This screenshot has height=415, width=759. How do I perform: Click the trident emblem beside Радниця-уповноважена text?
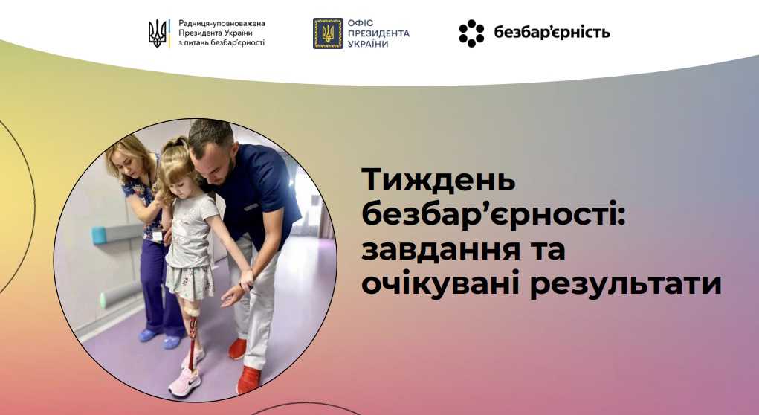pyautogui.click(x=158, y=33)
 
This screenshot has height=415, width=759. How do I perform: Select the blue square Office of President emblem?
pyautogui.click(x=328, y=33)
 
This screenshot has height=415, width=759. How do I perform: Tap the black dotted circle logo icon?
pyautogui.click(x=471, y=33)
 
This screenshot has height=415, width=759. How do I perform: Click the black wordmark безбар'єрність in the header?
pyautogui.click(x=552, y=33)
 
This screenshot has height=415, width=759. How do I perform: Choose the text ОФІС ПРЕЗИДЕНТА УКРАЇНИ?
pyautogui.click(x=378, y=33)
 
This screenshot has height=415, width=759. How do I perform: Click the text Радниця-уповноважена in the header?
pyautogui.click(x=222, y=24)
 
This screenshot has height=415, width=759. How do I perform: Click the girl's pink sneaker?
pyautogui.click(x=185, y=381)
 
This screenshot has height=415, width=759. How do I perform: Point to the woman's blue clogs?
pyautogui.click(x=160, y=338)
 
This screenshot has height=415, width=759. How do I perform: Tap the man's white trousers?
pyautogui.click(x=260, y=297)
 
